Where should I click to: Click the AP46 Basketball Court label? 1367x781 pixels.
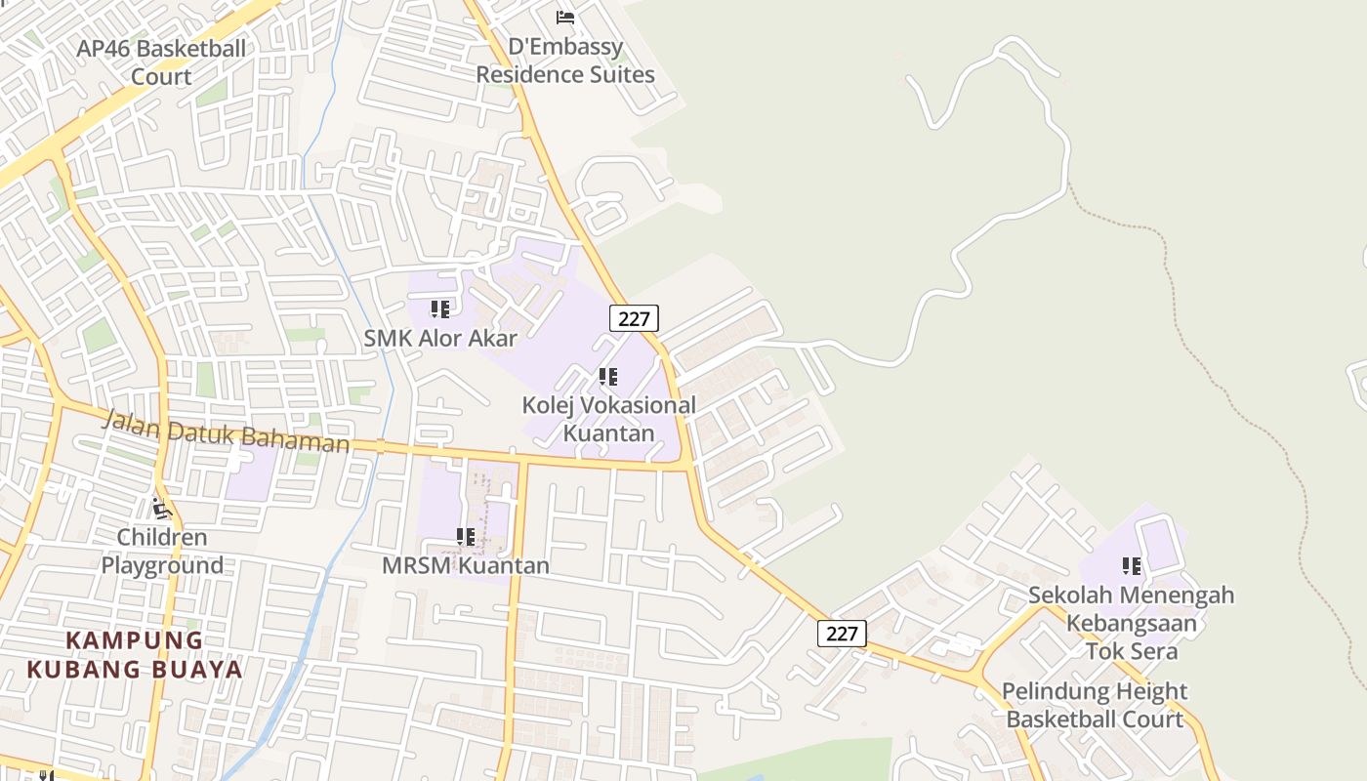click(161, 62)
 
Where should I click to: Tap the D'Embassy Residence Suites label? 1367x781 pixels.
click(565, 61)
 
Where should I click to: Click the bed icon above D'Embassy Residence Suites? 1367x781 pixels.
click(565, 17)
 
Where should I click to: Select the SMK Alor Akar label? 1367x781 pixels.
click(440, 338)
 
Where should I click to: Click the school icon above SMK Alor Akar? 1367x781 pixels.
click(440, 309)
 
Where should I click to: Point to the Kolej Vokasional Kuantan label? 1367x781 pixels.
click(609, 418)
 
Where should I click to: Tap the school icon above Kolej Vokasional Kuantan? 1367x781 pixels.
click(608, 377)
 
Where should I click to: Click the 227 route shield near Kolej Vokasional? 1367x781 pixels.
click(635, 317)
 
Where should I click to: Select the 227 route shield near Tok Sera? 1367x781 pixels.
click(842, 634)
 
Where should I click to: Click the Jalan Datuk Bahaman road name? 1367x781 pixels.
click(226, 432)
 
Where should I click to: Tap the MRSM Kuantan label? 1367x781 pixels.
click(466, 565)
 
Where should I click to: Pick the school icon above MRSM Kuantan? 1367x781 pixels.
click(466, 537)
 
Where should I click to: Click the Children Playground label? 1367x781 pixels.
click(162, 551)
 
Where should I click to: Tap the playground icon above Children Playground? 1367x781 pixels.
click(162, 509)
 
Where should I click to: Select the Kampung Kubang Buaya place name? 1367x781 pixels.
click(135, 655)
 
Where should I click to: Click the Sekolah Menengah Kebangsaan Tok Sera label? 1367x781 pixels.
click(1132, 623)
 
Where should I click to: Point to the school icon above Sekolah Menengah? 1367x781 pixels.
click(1132, 566)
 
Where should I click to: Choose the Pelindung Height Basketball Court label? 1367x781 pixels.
click(1095, 705)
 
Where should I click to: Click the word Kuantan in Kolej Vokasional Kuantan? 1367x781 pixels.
click(609, 432)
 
